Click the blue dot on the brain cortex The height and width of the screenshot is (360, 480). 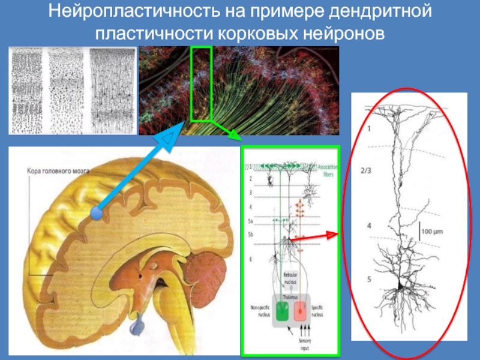click(x=96, y=212)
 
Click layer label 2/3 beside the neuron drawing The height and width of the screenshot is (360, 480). click(x=365, y=170)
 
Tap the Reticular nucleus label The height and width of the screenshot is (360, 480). click(x=290, y=277)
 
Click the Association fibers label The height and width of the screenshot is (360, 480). click(x=328, y=170)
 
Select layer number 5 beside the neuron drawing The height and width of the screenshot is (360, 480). click(x=369, y=279)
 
